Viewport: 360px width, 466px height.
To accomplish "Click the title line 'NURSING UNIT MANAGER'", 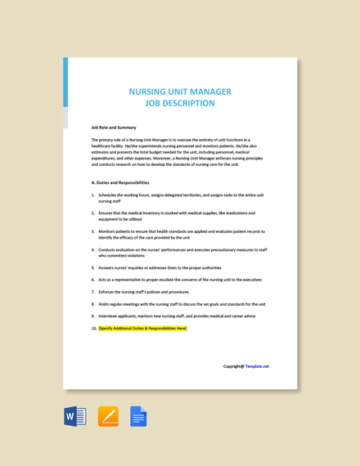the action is pyautogui.click(x=180, y=92).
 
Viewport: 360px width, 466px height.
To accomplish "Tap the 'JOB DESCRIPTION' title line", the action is pyautogui.click(x=180, y=104).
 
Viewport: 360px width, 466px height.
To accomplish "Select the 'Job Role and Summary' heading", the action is pyautogui.click(x=114, y=128).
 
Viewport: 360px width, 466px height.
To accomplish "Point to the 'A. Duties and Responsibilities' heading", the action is pyautogui.click(x=120, y=182).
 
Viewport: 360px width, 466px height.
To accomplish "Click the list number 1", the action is pyautogui.click(x=92, y=195).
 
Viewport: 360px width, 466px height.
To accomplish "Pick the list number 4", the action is pyautogui.click(x=92, y=249).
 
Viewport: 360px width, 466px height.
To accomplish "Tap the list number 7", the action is pyautogui.click(x=92, y=292).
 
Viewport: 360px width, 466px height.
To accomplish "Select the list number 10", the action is pyautogui.click(x=93, y=328).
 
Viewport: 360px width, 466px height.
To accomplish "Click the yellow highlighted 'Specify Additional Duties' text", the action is pyautogui.click(x=142, y=328).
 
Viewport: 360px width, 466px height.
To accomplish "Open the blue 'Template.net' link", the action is pyautogui.click(x=257, y=366).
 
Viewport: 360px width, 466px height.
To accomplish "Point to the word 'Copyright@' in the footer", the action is pyautogui.click(x=233, y=366).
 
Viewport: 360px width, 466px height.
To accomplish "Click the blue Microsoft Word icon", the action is pyautogui.click(x=75, y=417).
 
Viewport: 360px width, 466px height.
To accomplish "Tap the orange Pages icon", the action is pyautogui.click(x=108, y=417).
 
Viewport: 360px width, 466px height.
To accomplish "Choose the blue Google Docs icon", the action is pyautogui.click(x=138, y=417).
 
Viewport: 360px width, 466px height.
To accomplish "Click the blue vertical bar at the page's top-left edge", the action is pyautogui.click(x=65, y=82).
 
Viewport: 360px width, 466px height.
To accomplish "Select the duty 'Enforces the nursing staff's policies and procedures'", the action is pyautogui.click(x=143, y=292).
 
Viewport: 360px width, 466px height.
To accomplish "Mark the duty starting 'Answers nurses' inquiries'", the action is pyautogui.click(x=160, y=267).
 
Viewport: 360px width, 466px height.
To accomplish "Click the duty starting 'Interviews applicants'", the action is pyautogui.click(x=177, y=316).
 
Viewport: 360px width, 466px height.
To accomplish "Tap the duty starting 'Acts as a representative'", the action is pyautogui.click(x=180, y=280).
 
